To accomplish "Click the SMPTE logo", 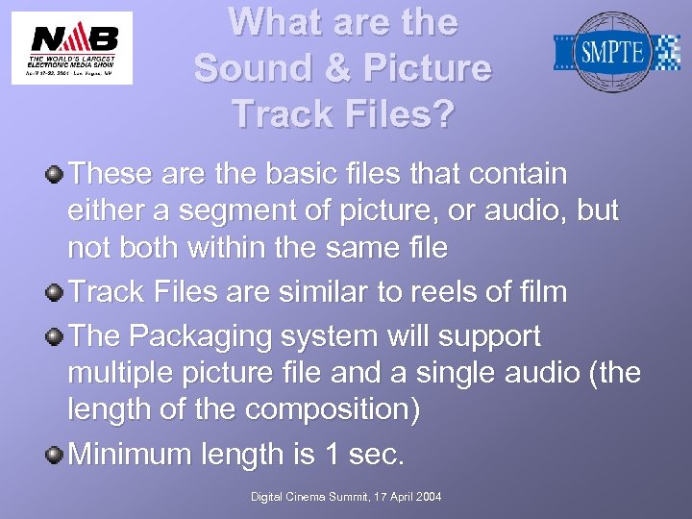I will (616, 50).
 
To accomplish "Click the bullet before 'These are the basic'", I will (56, 175).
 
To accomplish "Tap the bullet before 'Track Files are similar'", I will (56, 292).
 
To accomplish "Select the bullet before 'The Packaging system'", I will (56, 336).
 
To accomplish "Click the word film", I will (541, 292).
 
